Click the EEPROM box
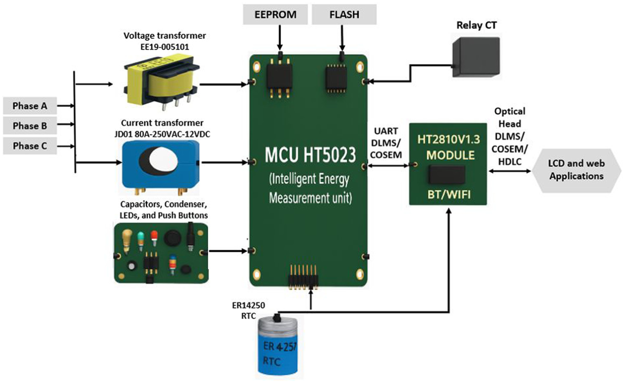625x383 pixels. pyautogui.click(x=275, y=14)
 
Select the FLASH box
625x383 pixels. pyautogui.click(x=344, y=14)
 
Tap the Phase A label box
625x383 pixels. pyautogui.click(x=30, y=106)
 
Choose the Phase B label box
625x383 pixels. pyautogui.click(x=30, y=126)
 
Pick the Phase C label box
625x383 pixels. pyautogui.click(x=30, y=146)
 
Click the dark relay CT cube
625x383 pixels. pyautogui.click(x=476, y=57)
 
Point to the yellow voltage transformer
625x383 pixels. pyautogui.click(x=161, y=82)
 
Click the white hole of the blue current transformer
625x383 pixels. pyautogui.click(x=163, y=160)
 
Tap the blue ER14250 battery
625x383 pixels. pyautogui.click(x=278, y=346)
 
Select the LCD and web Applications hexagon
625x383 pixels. pyautogui.click(x=576, y=170)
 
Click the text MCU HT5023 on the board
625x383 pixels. pyautogui.click(x=310, y=155)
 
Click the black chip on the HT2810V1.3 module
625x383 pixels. pyautogui.click(x=447, y=175)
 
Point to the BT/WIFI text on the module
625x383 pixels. pyautogui.click(x=449, y=194)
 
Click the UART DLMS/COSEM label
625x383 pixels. pyautogui.click(x=386, y=143)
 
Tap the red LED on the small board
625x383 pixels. pyautogui.click(x=154, y=238)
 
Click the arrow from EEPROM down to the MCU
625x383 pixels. pyautogui.click(x=280, y=38)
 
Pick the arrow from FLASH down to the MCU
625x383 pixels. pyautogui.click(x=342, y=38)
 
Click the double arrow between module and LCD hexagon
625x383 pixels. pyautogui.click(x=509, y=171)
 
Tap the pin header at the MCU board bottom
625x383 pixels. pyautogui.click(x=303, y=277)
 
